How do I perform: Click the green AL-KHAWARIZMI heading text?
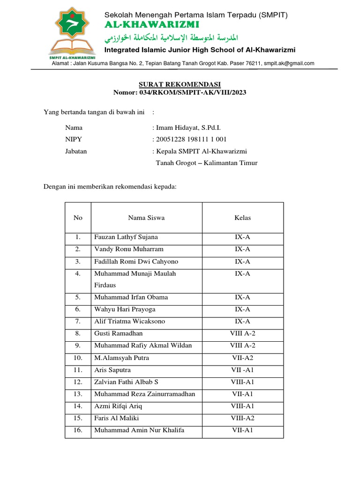[x=152, y=24]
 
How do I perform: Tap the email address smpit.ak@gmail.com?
[x=289, y=63]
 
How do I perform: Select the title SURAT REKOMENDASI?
[x=180, y=84]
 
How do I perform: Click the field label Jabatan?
[x=76, y=151]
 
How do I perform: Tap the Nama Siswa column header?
[x=146, y=217]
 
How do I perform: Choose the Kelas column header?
[x=242, y=217]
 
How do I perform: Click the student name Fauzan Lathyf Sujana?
[x=126, y=237]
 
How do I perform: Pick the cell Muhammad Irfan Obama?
[x=131, y=297]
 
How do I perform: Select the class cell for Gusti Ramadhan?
[x=242, y=333]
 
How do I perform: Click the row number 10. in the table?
[x=78, y=358]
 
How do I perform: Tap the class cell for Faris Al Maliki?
[x=242, y=418]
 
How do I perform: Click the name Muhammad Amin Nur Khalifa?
[x=139, y=430]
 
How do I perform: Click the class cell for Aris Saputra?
[x=242, y=370]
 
